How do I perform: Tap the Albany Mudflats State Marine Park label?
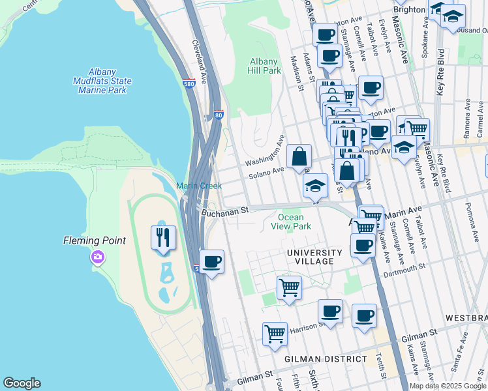click(102, 81)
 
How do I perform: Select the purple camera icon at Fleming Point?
click(98, 257)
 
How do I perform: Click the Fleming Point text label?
click(94, 240)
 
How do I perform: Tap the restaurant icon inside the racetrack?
click(163, 237)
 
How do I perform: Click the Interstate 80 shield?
click(218, 116)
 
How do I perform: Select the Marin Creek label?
click(199, 186)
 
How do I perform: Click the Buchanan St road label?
click(226, 211)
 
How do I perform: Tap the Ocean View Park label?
click(290, 222)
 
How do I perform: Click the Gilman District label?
click(326, 359)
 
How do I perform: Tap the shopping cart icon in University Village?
click(289, 287)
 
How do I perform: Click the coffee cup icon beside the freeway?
click(211, 263)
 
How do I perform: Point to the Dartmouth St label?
click(404, 267)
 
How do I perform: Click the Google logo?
click(22, 383)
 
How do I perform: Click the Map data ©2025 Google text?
click(447, 386)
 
